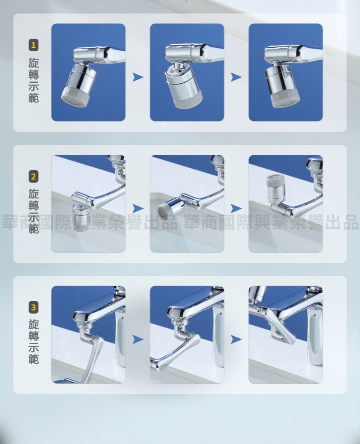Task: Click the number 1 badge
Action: point(33,45)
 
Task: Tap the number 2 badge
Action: point(33,177)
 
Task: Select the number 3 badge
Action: point(33,308)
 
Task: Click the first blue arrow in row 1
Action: point(138,77)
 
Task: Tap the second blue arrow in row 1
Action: point(236,77)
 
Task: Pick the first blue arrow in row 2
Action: point(138,208)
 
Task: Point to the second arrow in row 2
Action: point(236,208)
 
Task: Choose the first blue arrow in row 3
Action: point(138,339)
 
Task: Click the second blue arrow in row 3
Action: point(236,339)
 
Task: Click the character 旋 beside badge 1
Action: point(33,63)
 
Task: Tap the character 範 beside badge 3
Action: point(33,359)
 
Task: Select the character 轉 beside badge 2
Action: point(33,206)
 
